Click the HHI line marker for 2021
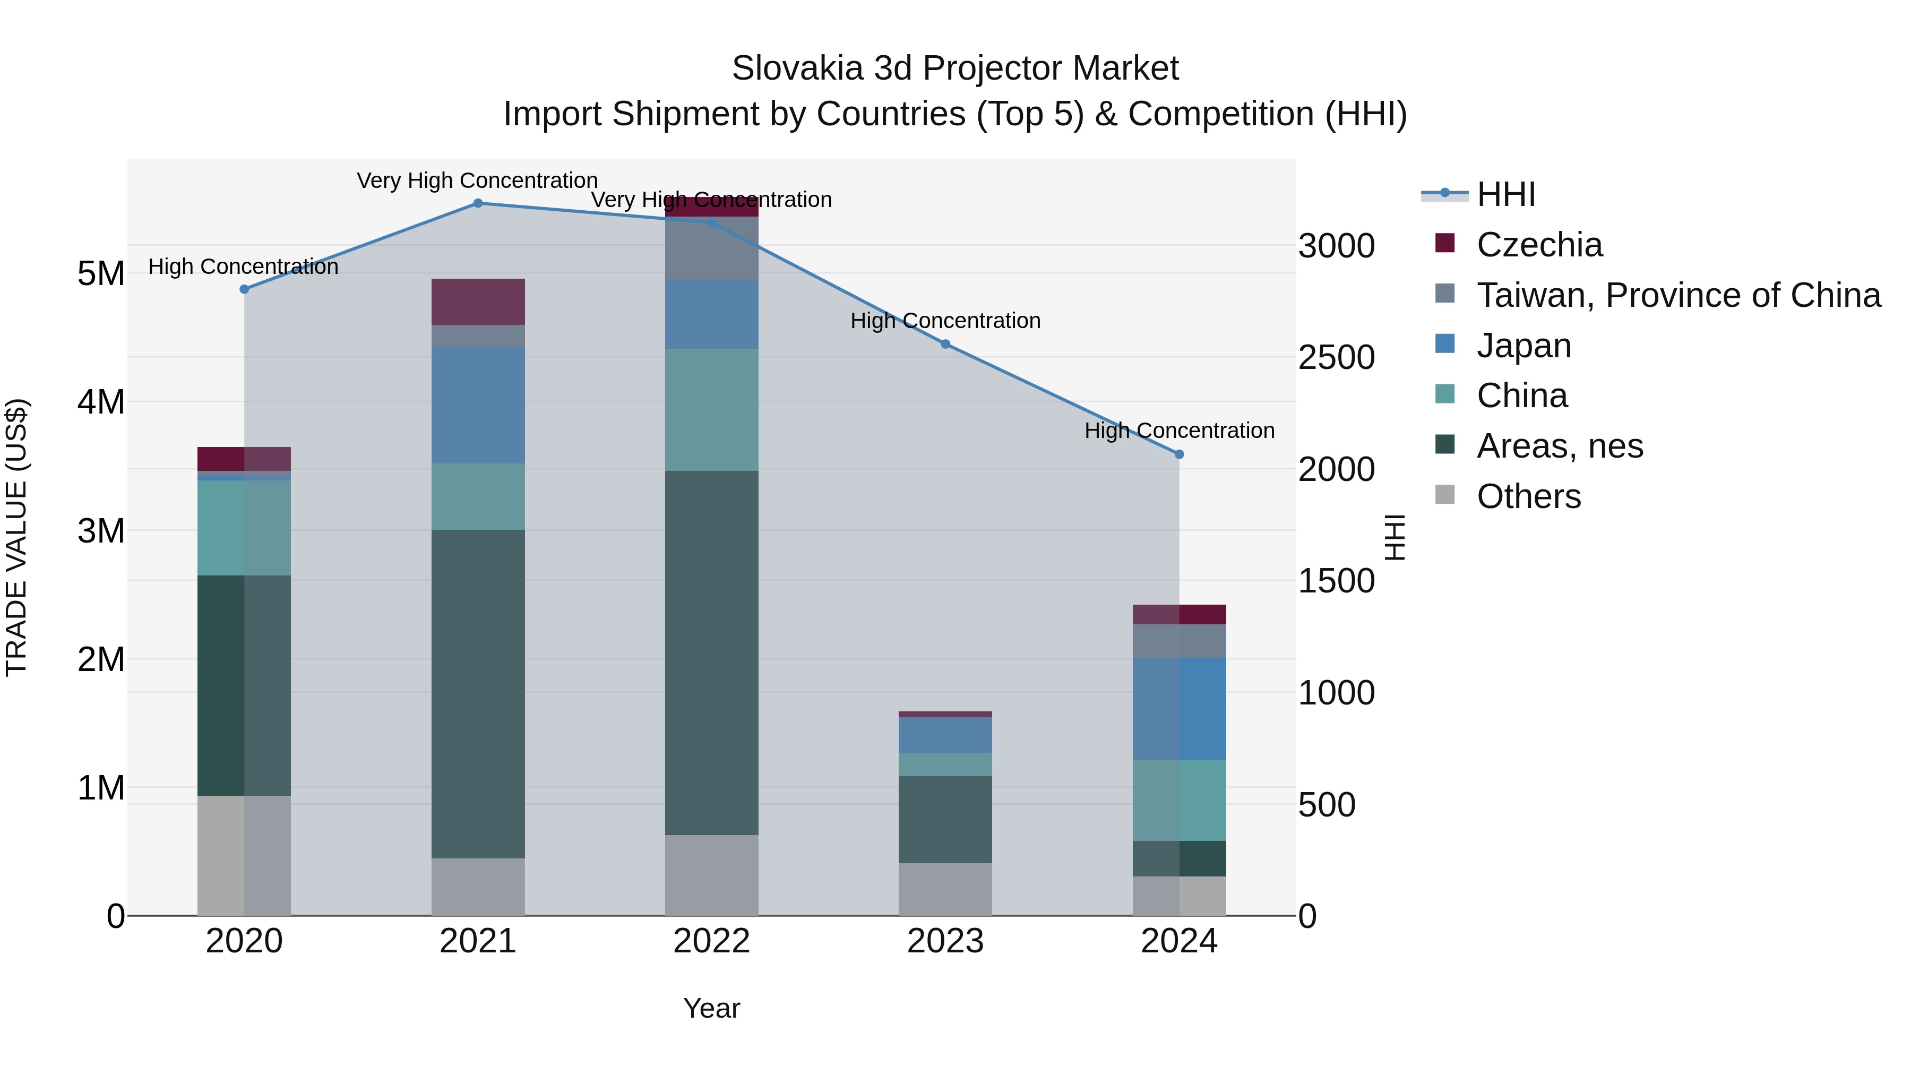point(478,203)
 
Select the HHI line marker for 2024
point(1179,454)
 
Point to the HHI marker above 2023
point(945,344)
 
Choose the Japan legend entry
point(1523,346)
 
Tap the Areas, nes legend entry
point(1560,446)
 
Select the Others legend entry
point(1528,496)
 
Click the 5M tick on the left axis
point(101,274)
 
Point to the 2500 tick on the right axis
point(1336,358)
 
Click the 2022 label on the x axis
point(711,941)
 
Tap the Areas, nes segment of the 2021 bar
point(478,694)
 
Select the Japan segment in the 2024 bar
point(1179,709)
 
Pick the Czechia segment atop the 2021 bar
point(478,302)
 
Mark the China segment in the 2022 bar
point(711,409)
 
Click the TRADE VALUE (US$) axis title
point(16,537)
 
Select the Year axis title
point(711,1008)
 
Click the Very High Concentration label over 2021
point(477,181)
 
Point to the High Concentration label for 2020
point(243,266)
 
